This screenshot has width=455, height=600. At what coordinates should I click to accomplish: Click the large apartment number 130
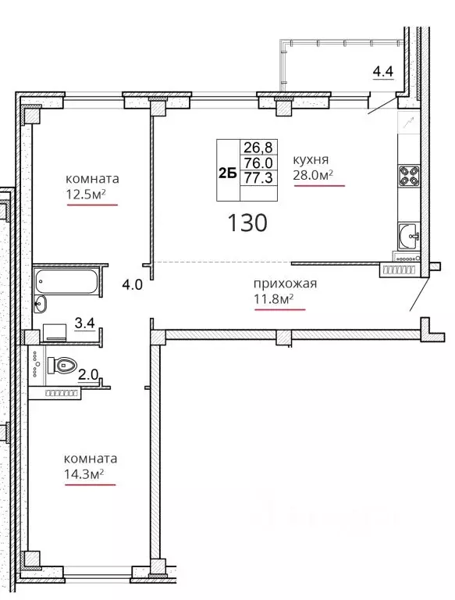pyautogui.click(x=247, y=223)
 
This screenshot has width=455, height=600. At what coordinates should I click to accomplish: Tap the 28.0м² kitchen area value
pyautogui.click(x=313, y=175)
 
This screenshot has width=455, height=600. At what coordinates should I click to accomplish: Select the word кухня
pyautogui.click(x=311, y=159)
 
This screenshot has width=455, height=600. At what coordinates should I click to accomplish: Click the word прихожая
pyautogui.click(x=285, y=284)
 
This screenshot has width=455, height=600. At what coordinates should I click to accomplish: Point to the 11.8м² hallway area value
pyautogui.click(x=274, y=298)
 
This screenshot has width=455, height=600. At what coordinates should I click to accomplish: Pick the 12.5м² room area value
pyautogui.click(x=86, y=195)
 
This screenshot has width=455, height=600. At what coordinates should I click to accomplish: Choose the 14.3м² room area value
pyautogui.click(x=84, y=474)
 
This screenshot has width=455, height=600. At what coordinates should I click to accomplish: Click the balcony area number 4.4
pyautogui.click(x=383, y=71)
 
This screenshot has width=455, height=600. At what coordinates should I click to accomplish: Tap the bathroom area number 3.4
pyautogui.click(x=84, y=323)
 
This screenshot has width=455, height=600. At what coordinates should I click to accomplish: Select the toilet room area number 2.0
pyautogui.click(x=88, y=374)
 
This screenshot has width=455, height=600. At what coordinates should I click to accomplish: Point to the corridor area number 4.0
pyautogui.click(x=133, y=284)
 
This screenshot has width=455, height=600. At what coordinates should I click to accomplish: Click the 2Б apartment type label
pyautogui.click(x=228, y=173)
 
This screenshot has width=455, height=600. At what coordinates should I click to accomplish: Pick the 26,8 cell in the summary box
pyautogui.click(x=258, y=147)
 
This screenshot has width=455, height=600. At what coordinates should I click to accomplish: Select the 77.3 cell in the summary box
pyautogui.click(x=258, y=177)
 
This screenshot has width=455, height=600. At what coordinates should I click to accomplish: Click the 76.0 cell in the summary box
pyautogui.click(x=258, y=162)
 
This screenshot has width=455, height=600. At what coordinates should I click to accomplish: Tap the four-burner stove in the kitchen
pyautogui.click(x=409, y=176)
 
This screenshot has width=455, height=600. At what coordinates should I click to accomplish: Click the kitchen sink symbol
pyautogui.click(x=409, y=236)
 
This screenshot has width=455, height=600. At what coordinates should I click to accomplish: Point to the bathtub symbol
pyautogui.click(x=66, y=281)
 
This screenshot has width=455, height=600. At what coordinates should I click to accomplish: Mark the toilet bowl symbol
pyautogui.click(x=62, y=366)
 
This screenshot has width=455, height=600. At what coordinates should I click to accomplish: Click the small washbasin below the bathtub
pyautogui.click(x=40, y=304)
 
